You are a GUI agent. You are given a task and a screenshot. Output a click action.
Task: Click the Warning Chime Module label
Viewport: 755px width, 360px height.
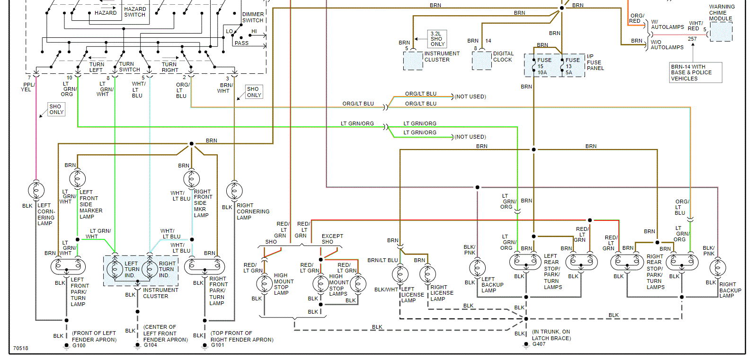(x=721, y=13)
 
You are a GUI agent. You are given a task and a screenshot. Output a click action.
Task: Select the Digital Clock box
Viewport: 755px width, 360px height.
(x=482, y=60)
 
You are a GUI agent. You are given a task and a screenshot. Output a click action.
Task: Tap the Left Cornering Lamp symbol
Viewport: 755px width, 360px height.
(x=36, y=190)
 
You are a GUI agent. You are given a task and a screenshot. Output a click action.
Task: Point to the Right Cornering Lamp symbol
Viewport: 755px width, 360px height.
(x=234, y=191)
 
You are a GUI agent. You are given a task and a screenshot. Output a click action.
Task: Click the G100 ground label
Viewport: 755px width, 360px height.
(x=79, y=345)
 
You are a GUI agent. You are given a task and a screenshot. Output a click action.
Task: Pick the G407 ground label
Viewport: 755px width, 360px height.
(x=539, y=344)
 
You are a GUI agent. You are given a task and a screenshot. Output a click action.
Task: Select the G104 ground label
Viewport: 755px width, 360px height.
(x=150, y=345)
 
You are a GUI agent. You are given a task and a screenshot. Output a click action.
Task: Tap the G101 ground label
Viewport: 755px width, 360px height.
(x=217, y=345)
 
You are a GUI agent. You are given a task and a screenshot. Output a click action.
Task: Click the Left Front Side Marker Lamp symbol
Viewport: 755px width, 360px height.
(x=77, y=179)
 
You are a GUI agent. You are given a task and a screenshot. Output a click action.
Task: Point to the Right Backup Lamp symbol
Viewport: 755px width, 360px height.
(x=718, y=268)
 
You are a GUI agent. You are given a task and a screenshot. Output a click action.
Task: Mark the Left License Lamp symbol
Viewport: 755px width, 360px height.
(x=400, y=274)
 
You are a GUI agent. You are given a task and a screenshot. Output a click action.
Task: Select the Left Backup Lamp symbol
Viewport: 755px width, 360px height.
(x=477, y=268)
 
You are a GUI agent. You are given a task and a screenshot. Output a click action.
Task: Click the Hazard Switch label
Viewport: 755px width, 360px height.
(x=135, y=12)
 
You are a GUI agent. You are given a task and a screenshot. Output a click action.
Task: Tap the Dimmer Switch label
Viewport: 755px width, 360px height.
(x=253, y=18)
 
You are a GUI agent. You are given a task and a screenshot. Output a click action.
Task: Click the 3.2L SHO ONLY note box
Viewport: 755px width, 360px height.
(x=437, y=39)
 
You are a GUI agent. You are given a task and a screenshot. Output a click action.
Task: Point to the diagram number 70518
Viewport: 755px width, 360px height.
(x=21, y=348)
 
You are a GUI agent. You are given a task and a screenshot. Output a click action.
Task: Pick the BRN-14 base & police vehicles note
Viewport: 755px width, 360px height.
(x=695, y=72)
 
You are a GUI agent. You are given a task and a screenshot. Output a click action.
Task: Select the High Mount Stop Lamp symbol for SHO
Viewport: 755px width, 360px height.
(x=264, y=284)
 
